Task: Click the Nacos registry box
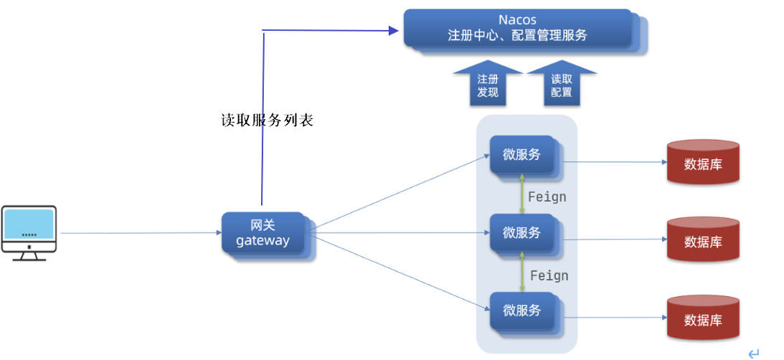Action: [525, 31]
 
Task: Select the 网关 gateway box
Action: [268, 235]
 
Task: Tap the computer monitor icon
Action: [29, 233]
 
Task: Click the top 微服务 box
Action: [526, 157]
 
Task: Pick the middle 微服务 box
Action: [526, 235]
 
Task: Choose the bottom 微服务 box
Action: [526, 313]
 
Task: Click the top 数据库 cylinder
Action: [703, 162]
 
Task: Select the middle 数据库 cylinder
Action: [703, 240]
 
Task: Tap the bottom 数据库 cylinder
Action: [703, 318]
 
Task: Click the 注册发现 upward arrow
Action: [488, 83]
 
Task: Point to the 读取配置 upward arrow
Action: [562, 83]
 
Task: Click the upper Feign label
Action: [547, 197]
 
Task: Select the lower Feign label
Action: [549, 275]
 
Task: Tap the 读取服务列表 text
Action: [268, 120]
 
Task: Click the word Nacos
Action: [517, 20]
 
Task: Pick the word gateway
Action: [263, 241]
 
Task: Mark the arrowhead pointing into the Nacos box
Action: [393, 31]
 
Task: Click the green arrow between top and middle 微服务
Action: [522, 194]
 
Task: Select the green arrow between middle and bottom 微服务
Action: [522, 272]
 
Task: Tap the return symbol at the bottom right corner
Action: [753, 354]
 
